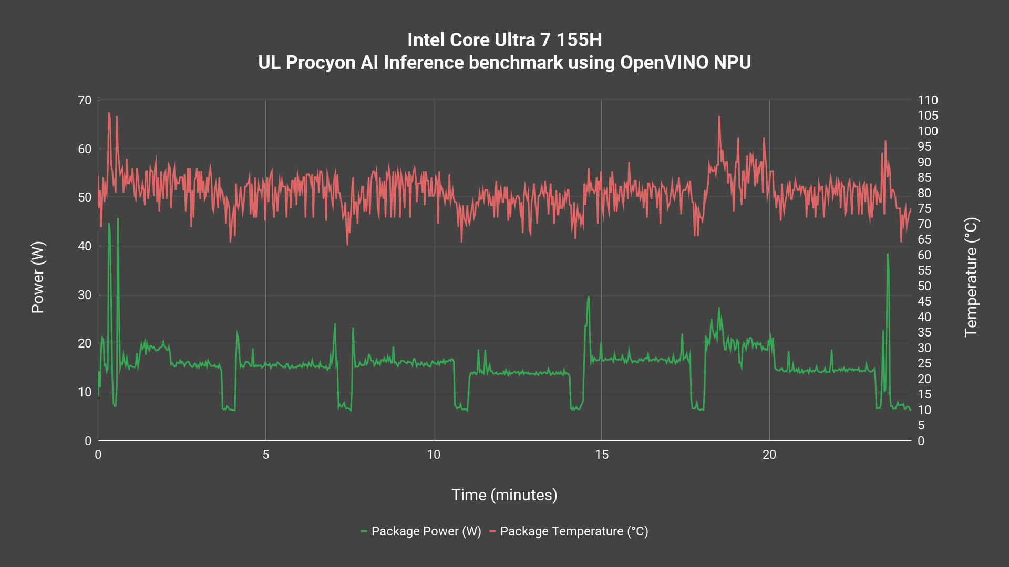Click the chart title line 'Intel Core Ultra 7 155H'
[504, 40]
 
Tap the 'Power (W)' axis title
[38, 277]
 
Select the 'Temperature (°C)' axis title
[971, 277]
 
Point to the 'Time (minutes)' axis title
[504, 495]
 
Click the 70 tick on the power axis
[85, 100]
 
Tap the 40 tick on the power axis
[85, 246]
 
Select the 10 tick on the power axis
[85, 392]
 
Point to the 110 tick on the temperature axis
[928, 100]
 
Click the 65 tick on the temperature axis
[924, 239]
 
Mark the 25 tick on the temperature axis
[924, 363]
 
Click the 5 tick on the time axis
[266, 455]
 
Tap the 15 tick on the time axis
[602, 455]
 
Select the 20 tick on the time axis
[769, 455]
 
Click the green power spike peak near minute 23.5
[888, 255]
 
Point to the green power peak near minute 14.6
[589, 297]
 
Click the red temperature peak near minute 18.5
[719, 117]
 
